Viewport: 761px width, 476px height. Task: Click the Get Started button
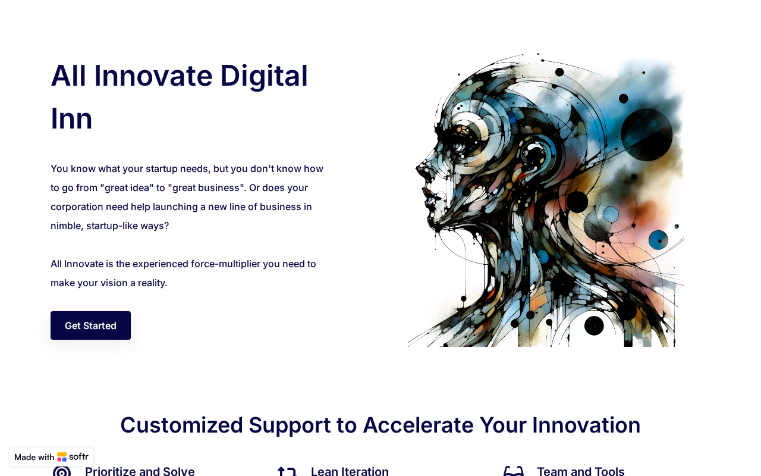tap(90, 325)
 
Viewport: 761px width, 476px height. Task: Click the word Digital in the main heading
tap(264, 77)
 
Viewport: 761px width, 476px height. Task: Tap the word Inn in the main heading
tap(71, 119)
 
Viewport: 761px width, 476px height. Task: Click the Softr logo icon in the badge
tap(62, 456)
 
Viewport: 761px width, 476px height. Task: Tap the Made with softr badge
tap(51, 456)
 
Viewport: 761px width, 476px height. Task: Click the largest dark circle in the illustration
tap(646, 134)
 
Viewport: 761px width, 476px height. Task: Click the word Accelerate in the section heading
tap(418, 425)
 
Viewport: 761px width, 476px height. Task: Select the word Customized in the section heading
tap(182, 425)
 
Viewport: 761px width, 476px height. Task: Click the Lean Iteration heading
tap(350, 471)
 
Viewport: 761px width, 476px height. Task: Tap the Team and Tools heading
tap(581, 471)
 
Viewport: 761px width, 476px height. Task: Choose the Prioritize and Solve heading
tap(140, 471)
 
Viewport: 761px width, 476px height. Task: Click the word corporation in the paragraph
tap(77, 207)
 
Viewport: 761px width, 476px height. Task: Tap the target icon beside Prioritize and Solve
tap(62, 472)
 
